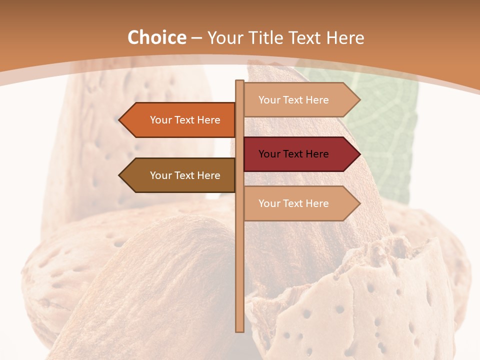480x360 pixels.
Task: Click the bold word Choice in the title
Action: coord(156,38)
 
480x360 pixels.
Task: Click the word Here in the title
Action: coord(345,38)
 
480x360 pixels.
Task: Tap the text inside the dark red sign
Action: coord(293,154)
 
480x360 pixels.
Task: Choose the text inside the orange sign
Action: coord(185,120)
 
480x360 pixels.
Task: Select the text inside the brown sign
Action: coord(185,175)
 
